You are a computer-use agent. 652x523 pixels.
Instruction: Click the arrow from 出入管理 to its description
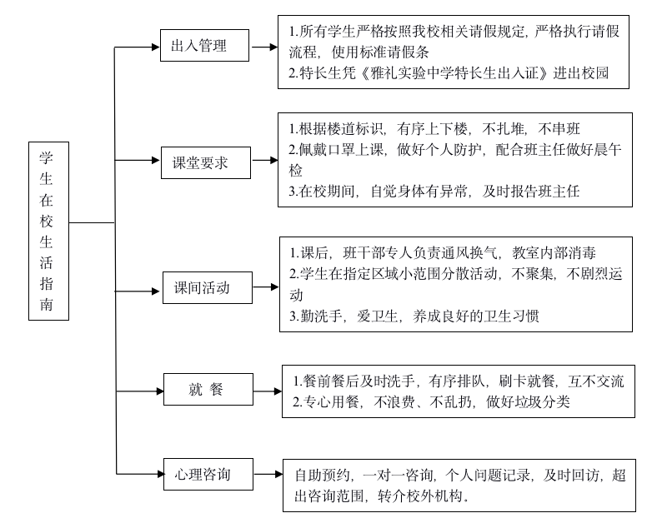click(264, 47)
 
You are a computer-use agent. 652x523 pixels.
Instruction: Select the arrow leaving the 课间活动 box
click(264, 288)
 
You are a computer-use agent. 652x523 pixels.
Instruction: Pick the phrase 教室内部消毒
click(555, 252)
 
